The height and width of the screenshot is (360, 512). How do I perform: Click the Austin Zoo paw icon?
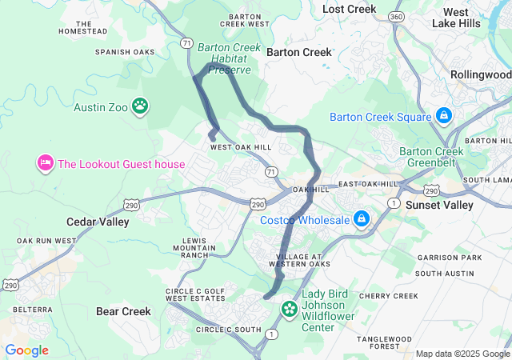tap(141, 106)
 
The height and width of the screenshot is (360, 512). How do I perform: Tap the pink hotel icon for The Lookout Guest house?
tap(45, 164)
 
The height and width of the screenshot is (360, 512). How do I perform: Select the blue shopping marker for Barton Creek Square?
tap(442, 117)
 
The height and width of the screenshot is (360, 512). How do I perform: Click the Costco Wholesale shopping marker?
tap(362, 218)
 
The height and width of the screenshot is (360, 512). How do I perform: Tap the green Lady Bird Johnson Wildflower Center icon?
tap(289, 308)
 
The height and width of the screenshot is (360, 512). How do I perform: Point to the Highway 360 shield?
tap(394, 16)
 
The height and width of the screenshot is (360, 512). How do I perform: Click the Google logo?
tap(26, 350)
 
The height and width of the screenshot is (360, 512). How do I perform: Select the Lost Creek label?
tap(349, 9)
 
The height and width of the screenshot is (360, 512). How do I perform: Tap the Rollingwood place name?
tap(480, 74)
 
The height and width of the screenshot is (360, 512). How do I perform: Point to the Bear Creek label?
tap(122, 311)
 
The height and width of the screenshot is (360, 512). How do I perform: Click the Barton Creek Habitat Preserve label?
tap(229, 58)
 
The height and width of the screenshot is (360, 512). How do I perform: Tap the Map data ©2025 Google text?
tap(462, 354)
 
